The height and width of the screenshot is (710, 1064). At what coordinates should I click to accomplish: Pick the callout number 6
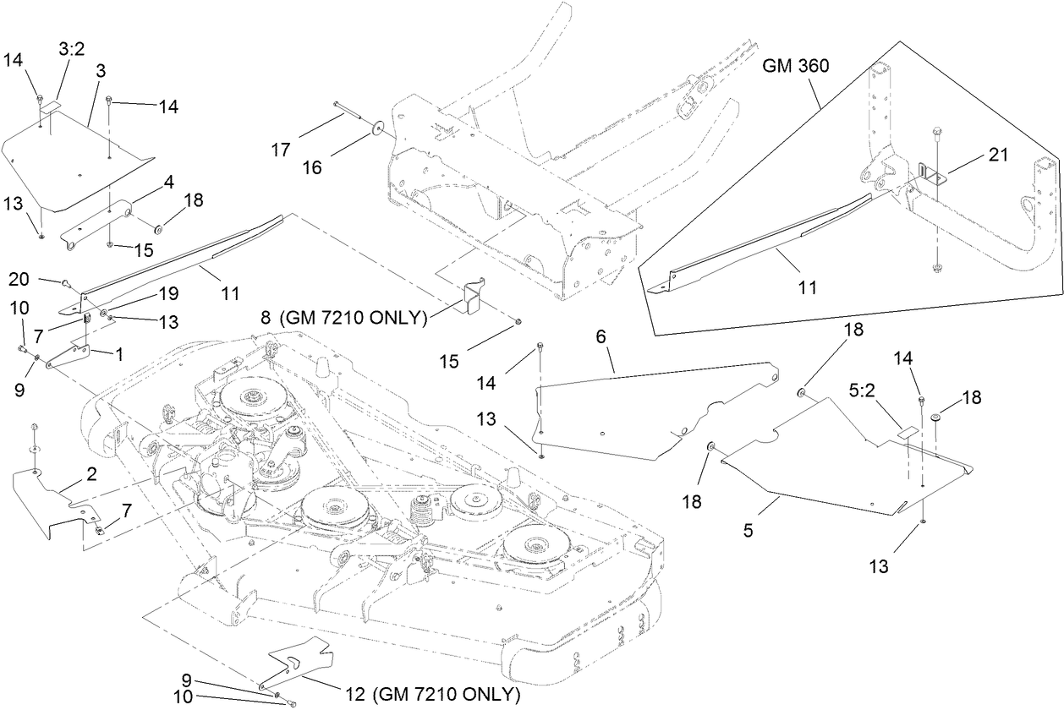click(601, 336)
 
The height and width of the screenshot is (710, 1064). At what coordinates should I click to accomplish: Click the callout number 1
click(119, 356)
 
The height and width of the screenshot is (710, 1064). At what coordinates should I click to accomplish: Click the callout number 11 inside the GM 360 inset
click(807, 287)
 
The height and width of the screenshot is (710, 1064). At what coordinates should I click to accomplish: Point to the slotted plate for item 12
click(300, 656)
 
